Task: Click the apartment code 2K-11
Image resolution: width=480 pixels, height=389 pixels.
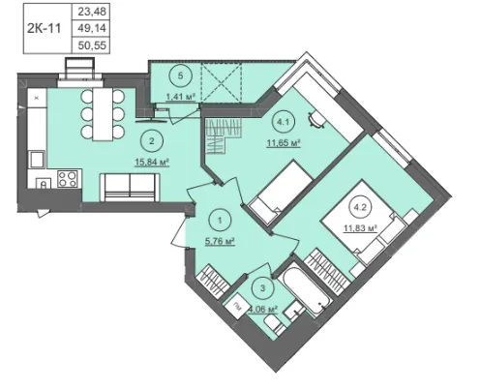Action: [x=44, y=28]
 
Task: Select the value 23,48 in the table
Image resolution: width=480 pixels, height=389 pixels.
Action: [x=92, y=12]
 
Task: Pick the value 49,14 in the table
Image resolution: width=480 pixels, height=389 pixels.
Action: [x=92, y=28]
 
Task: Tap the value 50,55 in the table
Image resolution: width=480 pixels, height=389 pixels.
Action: [x=92, y=45]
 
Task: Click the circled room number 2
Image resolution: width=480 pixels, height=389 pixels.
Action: [x=152, y=141]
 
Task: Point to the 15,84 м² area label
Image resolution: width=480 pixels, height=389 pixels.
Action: [x=152, y=162]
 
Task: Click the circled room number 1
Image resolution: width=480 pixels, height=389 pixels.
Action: [x=220, y=221]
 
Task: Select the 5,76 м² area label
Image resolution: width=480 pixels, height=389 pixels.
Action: [x=220, y=241]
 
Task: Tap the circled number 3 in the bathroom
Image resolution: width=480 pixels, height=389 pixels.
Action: [x=262, y=287]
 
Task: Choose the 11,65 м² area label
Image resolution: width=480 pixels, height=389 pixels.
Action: [x=284, y=142]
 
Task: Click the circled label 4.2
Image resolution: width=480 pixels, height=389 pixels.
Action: [x=360, y=207]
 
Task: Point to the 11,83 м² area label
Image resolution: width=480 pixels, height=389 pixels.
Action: [x=360, y=228]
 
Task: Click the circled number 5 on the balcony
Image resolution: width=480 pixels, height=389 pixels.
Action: [x=181, y=75]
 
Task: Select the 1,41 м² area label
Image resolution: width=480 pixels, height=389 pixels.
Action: [x=181, y=97]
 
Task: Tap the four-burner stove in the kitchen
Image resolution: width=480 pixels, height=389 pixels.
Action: [x=68, y=178]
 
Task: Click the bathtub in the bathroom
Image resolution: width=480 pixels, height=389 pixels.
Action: [x=305, y=289]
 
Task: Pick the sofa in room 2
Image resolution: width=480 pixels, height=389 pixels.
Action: [x=131, y=188]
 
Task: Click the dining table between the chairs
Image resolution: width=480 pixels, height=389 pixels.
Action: [x=103, y=114]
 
